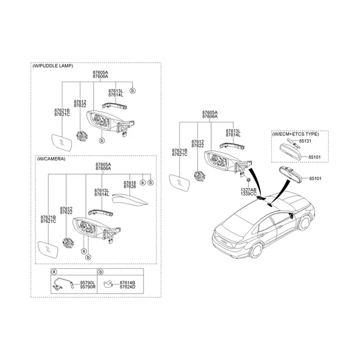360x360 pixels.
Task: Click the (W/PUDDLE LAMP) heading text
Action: (53, 66)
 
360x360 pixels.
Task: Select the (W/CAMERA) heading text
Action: (51, 159)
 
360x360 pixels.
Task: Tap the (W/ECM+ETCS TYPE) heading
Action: (295, 134)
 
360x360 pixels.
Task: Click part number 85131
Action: (305, 141)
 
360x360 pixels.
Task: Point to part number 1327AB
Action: (248, 190)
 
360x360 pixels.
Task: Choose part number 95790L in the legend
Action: (88, 283)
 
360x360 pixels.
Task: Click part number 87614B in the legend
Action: (127, 283)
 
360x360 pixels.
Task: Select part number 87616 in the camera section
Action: (130, 183)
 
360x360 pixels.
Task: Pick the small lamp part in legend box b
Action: (107, 284)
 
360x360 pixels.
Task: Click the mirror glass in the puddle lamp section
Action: (62, 143)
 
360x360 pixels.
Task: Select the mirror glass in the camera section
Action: (48, 250)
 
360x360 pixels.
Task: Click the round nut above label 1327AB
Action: (248, 180)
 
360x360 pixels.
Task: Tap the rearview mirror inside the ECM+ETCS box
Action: (290, 151)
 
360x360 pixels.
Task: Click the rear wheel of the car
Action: (256, 251)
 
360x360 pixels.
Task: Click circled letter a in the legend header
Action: (54, 272)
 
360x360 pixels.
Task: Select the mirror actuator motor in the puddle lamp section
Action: (82, 136)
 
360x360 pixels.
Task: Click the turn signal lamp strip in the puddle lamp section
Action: (115, 106)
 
